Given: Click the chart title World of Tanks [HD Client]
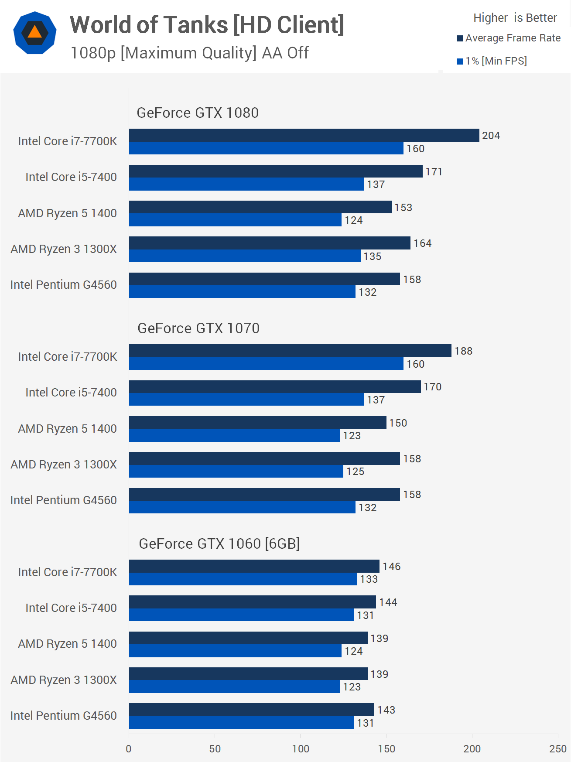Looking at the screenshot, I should (x=207, y=25).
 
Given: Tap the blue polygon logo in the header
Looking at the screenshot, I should (x=35, y=33).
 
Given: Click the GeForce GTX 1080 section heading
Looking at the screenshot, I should (x=198, y=113).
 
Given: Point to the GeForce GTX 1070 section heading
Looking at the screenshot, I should (x=198, y=328).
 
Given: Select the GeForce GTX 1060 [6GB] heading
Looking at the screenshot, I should (x=219, y=544).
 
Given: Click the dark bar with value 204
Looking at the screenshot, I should (x=304, y=135).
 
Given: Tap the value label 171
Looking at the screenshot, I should (x=434, y=172).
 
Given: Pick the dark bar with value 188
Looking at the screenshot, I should (x=290, y=351).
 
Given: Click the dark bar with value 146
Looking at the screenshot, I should (x=254, y=566).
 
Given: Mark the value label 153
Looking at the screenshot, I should (x=403, y=208).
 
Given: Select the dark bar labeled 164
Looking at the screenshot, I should (x=270, y=243).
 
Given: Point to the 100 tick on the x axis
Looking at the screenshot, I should (x=301, y=749).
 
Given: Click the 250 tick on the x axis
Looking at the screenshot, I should (x=557, y=749).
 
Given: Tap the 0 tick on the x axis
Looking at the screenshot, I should (x=129, y=749).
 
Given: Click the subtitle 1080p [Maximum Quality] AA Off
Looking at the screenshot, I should (x=189, y=53).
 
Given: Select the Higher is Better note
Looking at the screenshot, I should (x=515, y=18).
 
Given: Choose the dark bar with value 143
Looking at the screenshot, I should (x=252, y=710).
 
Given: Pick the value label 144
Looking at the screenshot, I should (x=388, y=602).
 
